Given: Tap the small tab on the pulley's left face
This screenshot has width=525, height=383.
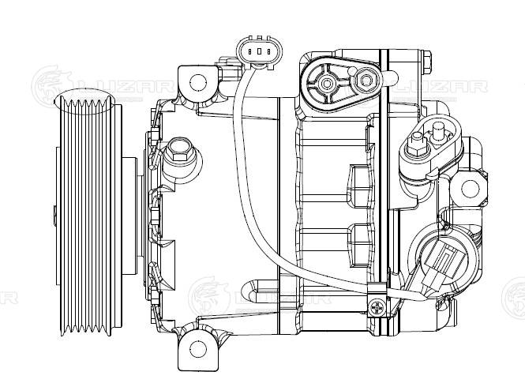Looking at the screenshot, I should [52, 213].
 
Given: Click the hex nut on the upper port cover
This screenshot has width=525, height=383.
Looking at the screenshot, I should [365, 80].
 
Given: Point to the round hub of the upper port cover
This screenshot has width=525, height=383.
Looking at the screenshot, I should [325, 81].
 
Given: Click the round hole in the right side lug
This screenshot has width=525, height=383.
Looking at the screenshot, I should [471, 188].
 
